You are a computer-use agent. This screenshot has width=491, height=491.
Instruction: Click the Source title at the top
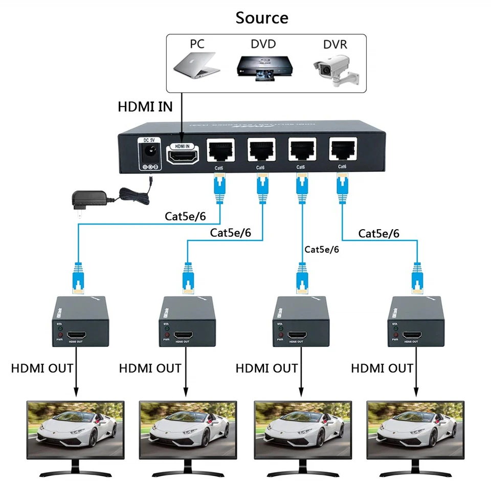[261, 18]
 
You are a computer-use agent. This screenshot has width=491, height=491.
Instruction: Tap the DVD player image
[262, 68]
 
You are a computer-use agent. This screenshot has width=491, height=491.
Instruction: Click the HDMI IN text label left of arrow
[145, 107]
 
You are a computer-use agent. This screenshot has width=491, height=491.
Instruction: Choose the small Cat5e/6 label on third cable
[322, 250]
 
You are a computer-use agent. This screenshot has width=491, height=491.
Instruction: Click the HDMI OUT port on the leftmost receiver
[78, 335]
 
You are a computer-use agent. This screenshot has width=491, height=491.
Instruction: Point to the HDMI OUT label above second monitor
[150, 368]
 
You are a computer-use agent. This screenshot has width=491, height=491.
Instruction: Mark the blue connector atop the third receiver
[303, 279]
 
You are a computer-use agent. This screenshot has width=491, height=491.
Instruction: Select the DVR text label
[335, 44]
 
